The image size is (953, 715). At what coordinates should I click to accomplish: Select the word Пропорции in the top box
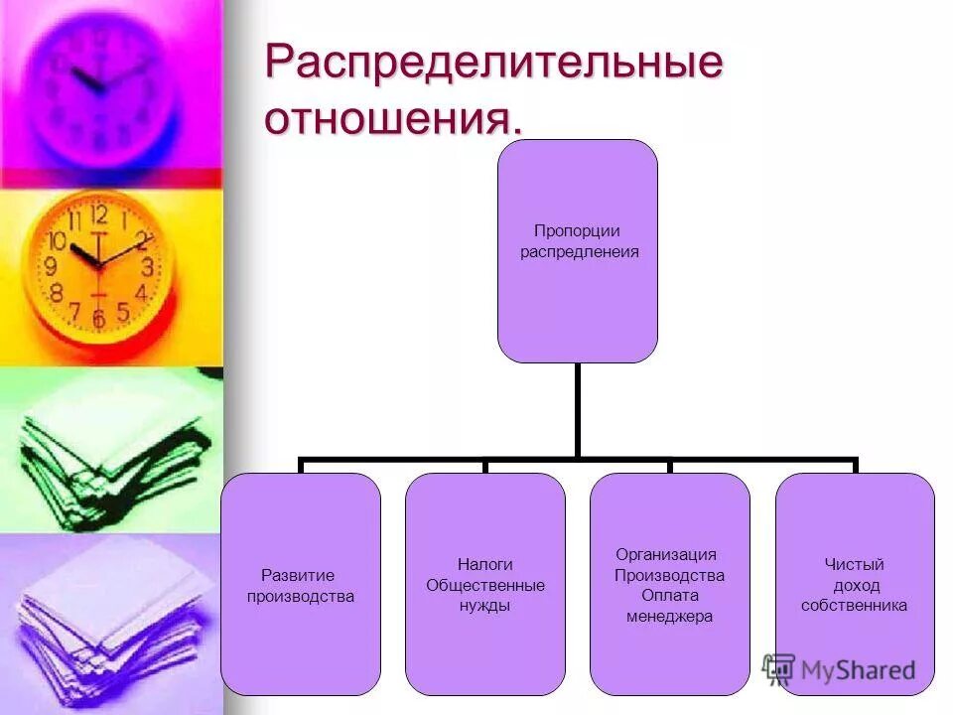coord(577,231)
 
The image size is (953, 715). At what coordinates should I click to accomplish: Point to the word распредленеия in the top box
coord(580,251)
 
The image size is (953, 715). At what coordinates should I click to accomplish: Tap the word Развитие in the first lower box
coord(298,575)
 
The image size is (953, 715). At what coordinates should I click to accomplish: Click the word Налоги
coord(485,564)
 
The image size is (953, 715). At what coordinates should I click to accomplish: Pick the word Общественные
coord(485,585)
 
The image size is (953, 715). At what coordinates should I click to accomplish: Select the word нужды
coord(485,606)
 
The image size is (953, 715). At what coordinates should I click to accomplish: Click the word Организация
coord(666,554)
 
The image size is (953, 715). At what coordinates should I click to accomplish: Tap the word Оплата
coord(670,596)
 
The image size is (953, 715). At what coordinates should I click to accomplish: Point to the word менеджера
coord(670,617)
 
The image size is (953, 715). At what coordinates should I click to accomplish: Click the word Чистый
coord(854,564)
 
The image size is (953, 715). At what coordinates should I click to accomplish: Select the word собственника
coord(854,606)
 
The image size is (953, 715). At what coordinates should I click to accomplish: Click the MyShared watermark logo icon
coord(779,668)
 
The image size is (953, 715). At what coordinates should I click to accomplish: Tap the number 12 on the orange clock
coord(98,214)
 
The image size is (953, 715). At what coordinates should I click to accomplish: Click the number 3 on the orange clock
coord(147,266)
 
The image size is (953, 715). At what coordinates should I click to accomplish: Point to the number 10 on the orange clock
coord(58,241)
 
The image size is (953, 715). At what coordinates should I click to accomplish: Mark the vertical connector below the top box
coord(577,410)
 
